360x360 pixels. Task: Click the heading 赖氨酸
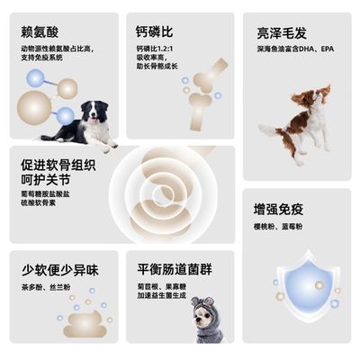click(40, 31)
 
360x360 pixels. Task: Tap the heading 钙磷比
click(155, 31)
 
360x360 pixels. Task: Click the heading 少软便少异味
click(59, 269)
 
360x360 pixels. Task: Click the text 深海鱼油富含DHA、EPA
click(294, 49)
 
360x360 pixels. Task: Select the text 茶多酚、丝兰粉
click(47, 287)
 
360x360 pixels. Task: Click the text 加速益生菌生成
click(162, 296)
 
